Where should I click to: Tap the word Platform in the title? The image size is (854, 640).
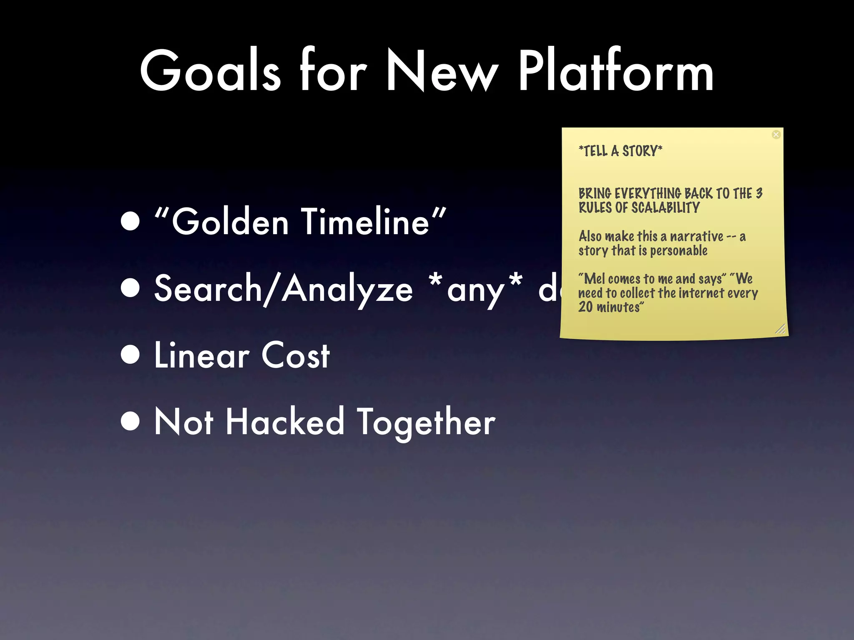coord(615,71)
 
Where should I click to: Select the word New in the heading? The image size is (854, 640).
coord(442,71)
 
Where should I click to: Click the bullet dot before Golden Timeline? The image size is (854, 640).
coord(131,221)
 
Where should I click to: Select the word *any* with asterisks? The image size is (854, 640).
coord(475,288)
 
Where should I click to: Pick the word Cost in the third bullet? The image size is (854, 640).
coord(296,355)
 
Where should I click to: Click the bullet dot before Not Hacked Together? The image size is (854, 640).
coord(131,422)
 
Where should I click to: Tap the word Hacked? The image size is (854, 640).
coord(285,422)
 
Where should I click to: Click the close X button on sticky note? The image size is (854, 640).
coord(776,135)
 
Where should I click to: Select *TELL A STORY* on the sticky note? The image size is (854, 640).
coord(620,151)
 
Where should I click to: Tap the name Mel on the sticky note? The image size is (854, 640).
coord(595,278)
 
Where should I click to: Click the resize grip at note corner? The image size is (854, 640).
coord(780,329)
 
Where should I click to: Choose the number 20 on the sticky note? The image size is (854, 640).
coord(585,307)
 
